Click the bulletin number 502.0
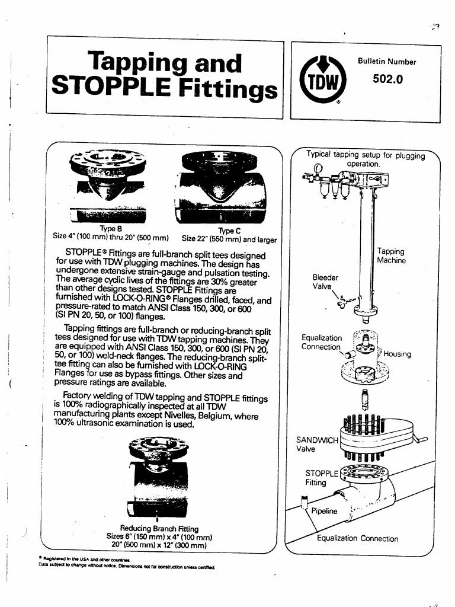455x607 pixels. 387,79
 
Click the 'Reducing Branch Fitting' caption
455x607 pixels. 159,528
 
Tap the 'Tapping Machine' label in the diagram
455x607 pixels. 391,256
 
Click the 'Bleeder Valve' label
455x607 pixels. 325,282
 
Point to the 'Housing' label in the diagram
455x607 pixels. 397,354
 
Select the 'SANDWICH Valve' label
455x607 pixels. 316,444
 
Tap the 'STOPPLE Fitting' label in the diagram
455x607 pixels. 320,478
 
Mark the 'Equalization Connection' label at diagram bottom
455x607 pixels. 357,539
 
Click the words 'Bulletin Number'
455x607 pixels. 387,62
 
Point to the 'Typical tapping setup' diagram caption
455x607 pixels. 366,159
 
